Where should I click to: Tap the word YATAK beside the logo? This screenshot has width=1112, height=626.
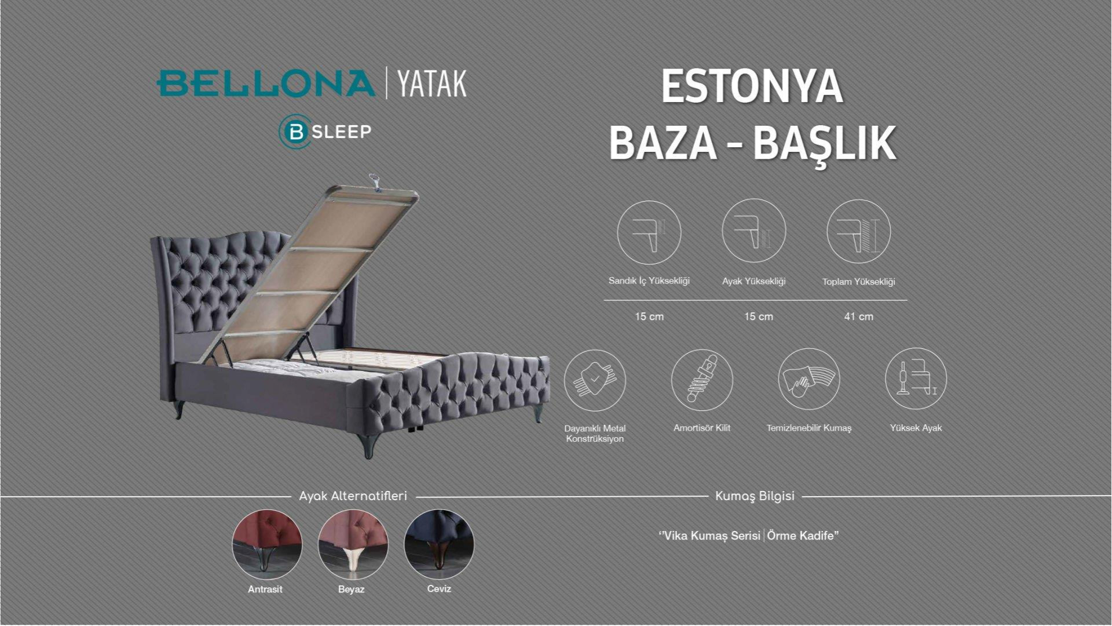(432, 84)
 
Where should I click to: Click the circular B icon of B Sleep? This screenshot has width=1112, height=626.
(295, 132)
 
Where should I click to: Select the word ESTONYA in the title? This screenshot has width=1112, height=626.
(752, 87)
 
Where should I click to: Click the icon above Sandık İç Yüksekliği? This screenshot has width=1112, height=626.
(649, 232)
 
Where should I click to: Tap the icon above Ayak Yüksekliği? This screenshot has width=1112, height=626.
(753, 231)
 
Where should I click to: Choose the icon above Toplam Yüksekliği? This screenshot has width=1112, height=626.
(858, 232)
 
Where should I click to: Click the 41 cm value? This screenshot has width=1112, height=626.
(858, 316)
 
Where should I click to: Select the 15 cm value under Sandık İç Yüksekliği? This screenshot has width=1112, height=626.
(649, 316)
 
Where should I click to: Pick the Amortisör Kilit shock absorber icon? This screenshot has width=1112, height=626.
(702, 380)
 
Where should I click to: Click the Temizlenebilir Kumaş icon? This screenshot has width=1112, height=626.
(809, 380)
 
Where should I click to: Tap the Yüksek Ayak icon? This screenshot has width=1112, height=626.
(916, 379)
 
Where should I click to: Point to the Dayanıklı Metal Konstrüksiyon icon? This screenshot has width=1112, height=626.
(595, 381)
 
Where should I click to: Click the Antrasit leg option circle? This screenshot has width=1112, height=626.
(267, 544)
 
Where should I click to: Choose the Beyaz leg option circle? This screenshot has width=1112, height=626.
(353, 544)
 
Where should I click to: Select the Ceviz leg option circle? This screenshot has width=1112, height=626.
(439, 544)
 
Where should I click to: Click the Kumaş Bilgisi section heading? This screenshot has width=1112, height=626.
(755, 496)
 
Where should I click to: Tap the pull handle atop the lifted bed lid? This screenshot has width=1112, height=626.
(375, 180)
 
